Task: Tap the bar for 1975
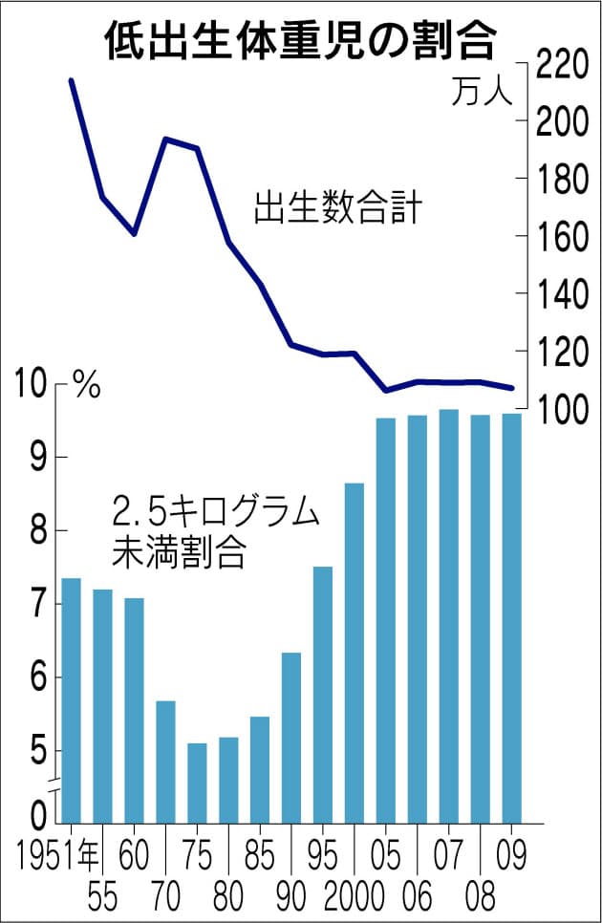click(197, 782)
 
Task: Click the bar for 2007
click(448, 615)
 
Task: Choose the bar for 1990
click(291, 737)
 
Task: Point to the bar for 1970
click(165, 761)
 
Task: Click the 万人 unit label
click(483, 94)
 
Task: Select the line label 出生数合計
click(336, 209)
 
